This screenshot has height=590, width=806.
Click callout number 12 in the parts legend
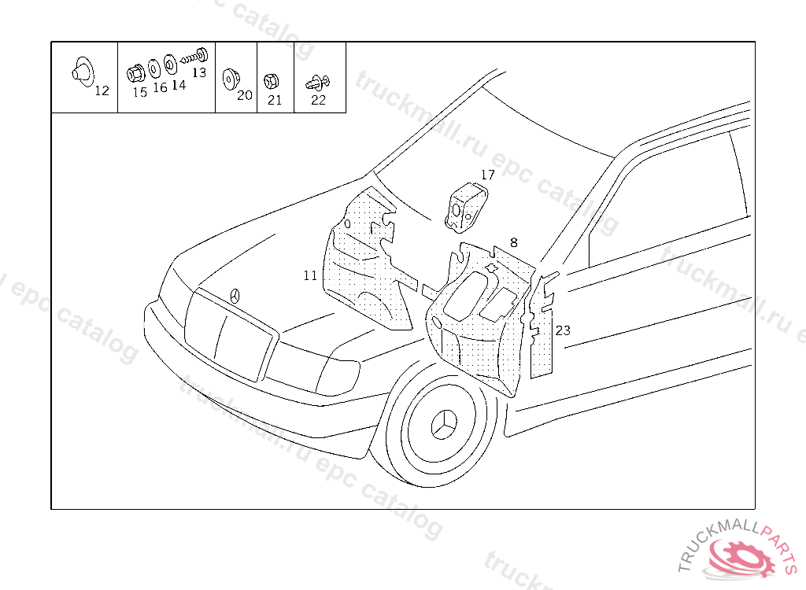(102, 91)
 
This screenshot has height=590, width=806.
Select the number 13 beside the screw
(198, 72)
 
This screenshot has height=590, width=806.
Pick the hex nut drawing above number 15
(135, 72)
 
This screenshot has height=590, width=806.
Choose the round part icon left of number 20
(230, 79)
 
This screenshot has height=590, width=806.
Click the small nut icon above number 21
(268, 80)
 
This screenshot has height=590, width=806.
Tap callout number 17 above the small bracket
(488, 175)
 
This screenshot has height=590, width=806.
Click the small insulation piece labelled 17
(464, 206)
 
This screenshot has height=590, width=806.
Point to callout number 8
(514, 242)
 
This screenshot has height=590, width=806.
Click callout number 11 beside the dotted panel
(310, 275)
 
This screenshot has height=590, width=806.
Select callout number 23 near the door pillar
(563, 330)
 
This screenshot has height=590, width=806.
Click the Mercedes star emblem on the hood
(235, 296)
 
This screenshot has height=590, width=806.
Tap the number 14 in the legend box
(179, 85)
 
